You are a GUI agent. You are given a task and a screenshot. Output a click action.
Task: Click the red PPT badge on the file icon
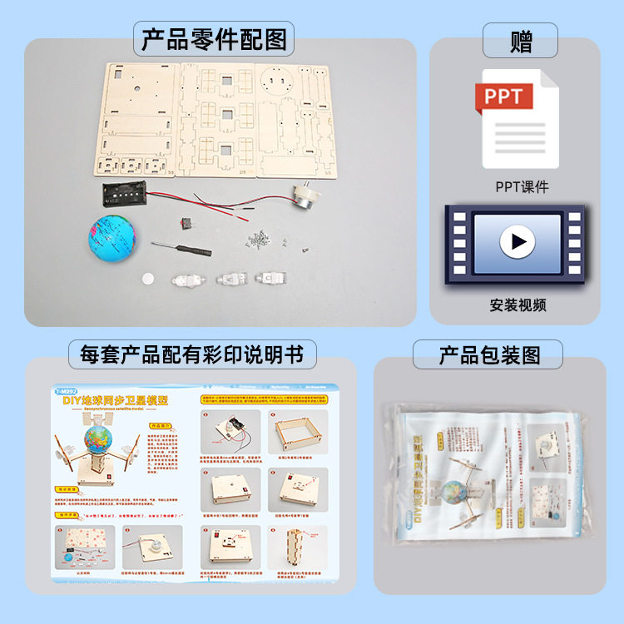click(503, 97)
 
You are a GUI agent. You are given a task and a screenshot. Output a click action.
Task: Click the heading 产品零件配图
click(214, 39)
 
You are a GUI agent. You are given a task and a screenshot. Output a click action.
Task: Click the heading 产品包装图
click(489, 355)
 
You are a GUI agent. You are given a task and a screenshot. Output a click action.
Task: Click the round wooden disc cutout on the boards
click(276, 82)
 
